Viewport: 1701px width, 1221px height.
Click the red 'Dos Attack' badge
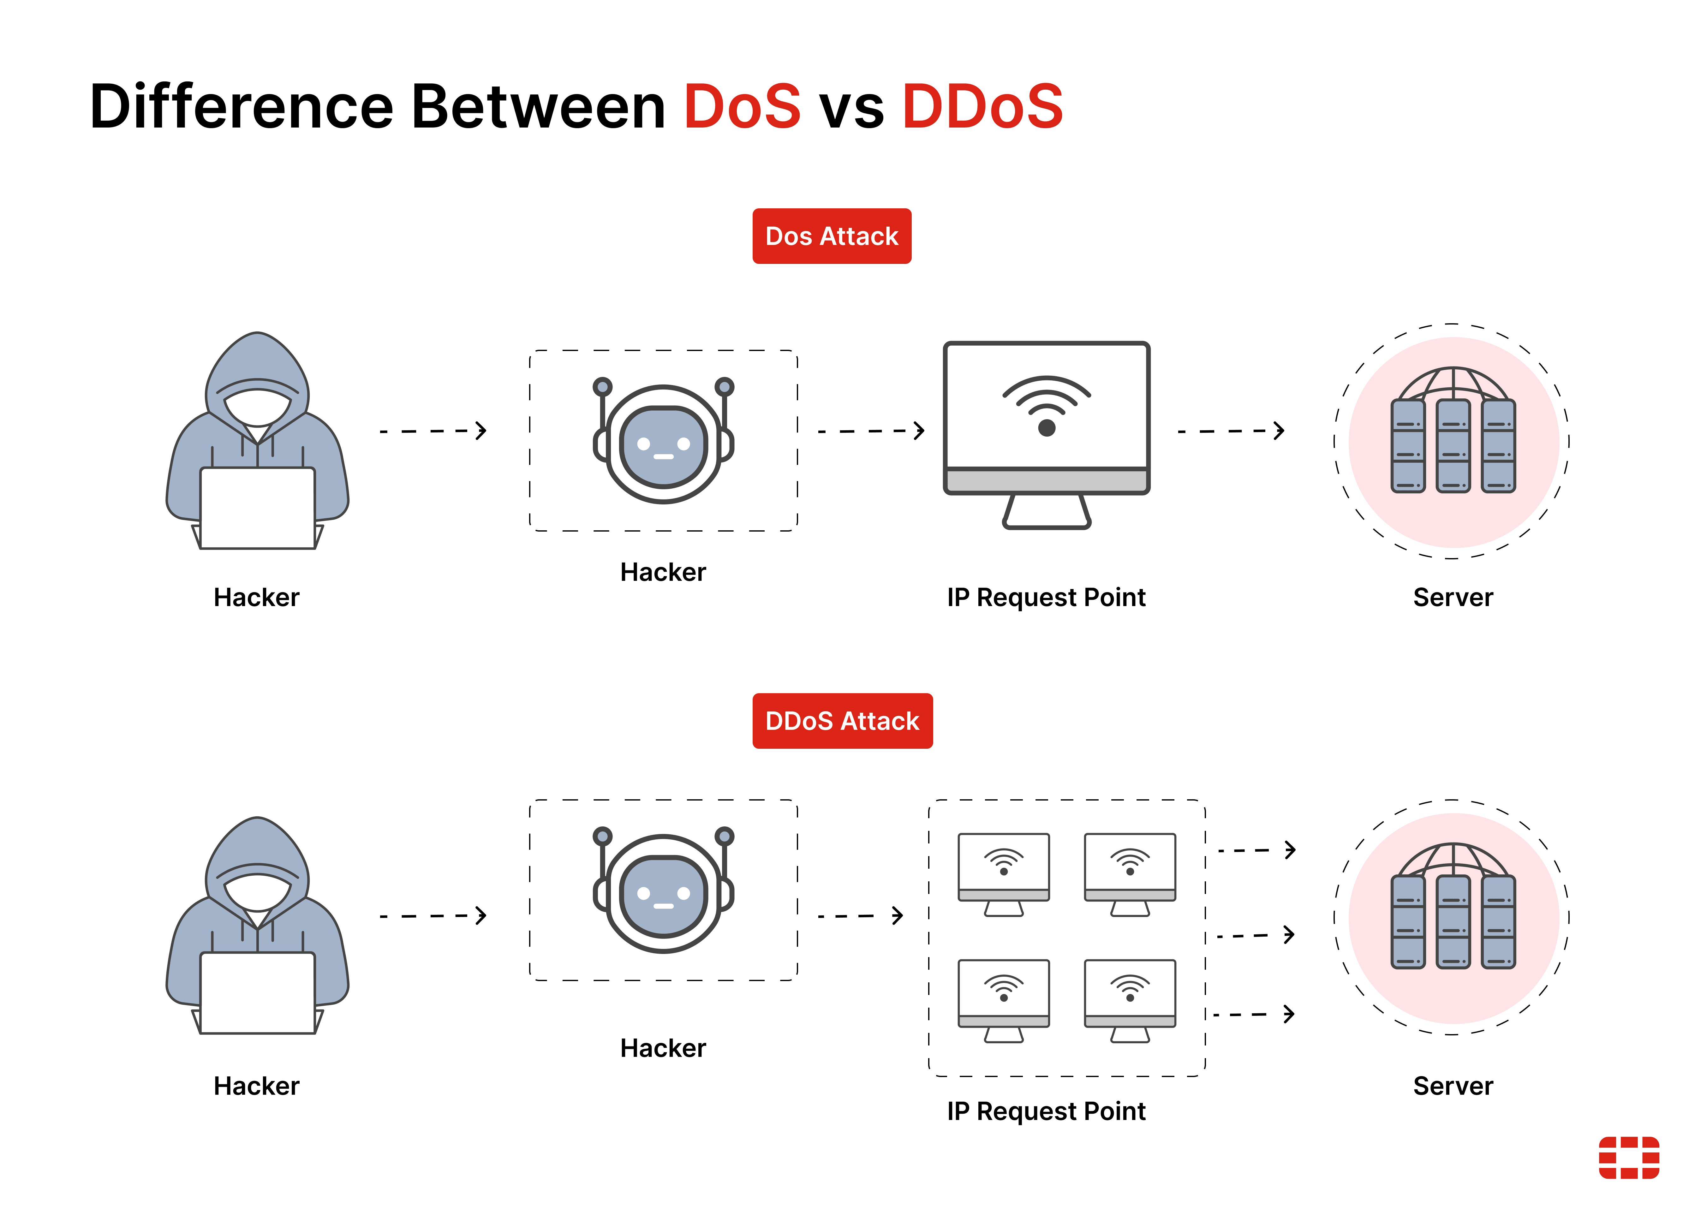point(832,236)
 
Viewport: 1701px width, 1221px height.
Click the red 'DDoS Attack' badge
point(842,721)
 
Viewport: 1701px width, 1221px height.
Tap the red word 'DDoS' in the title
point(982,106)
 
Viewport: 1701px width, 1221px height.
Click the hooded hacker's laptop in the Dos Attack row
point(257,509)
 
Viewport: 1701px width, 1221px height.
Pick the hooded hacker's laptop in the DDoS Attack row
point(257,993)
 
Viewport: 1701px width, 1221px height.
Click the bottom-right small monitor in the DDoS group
point(1130,1000)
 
